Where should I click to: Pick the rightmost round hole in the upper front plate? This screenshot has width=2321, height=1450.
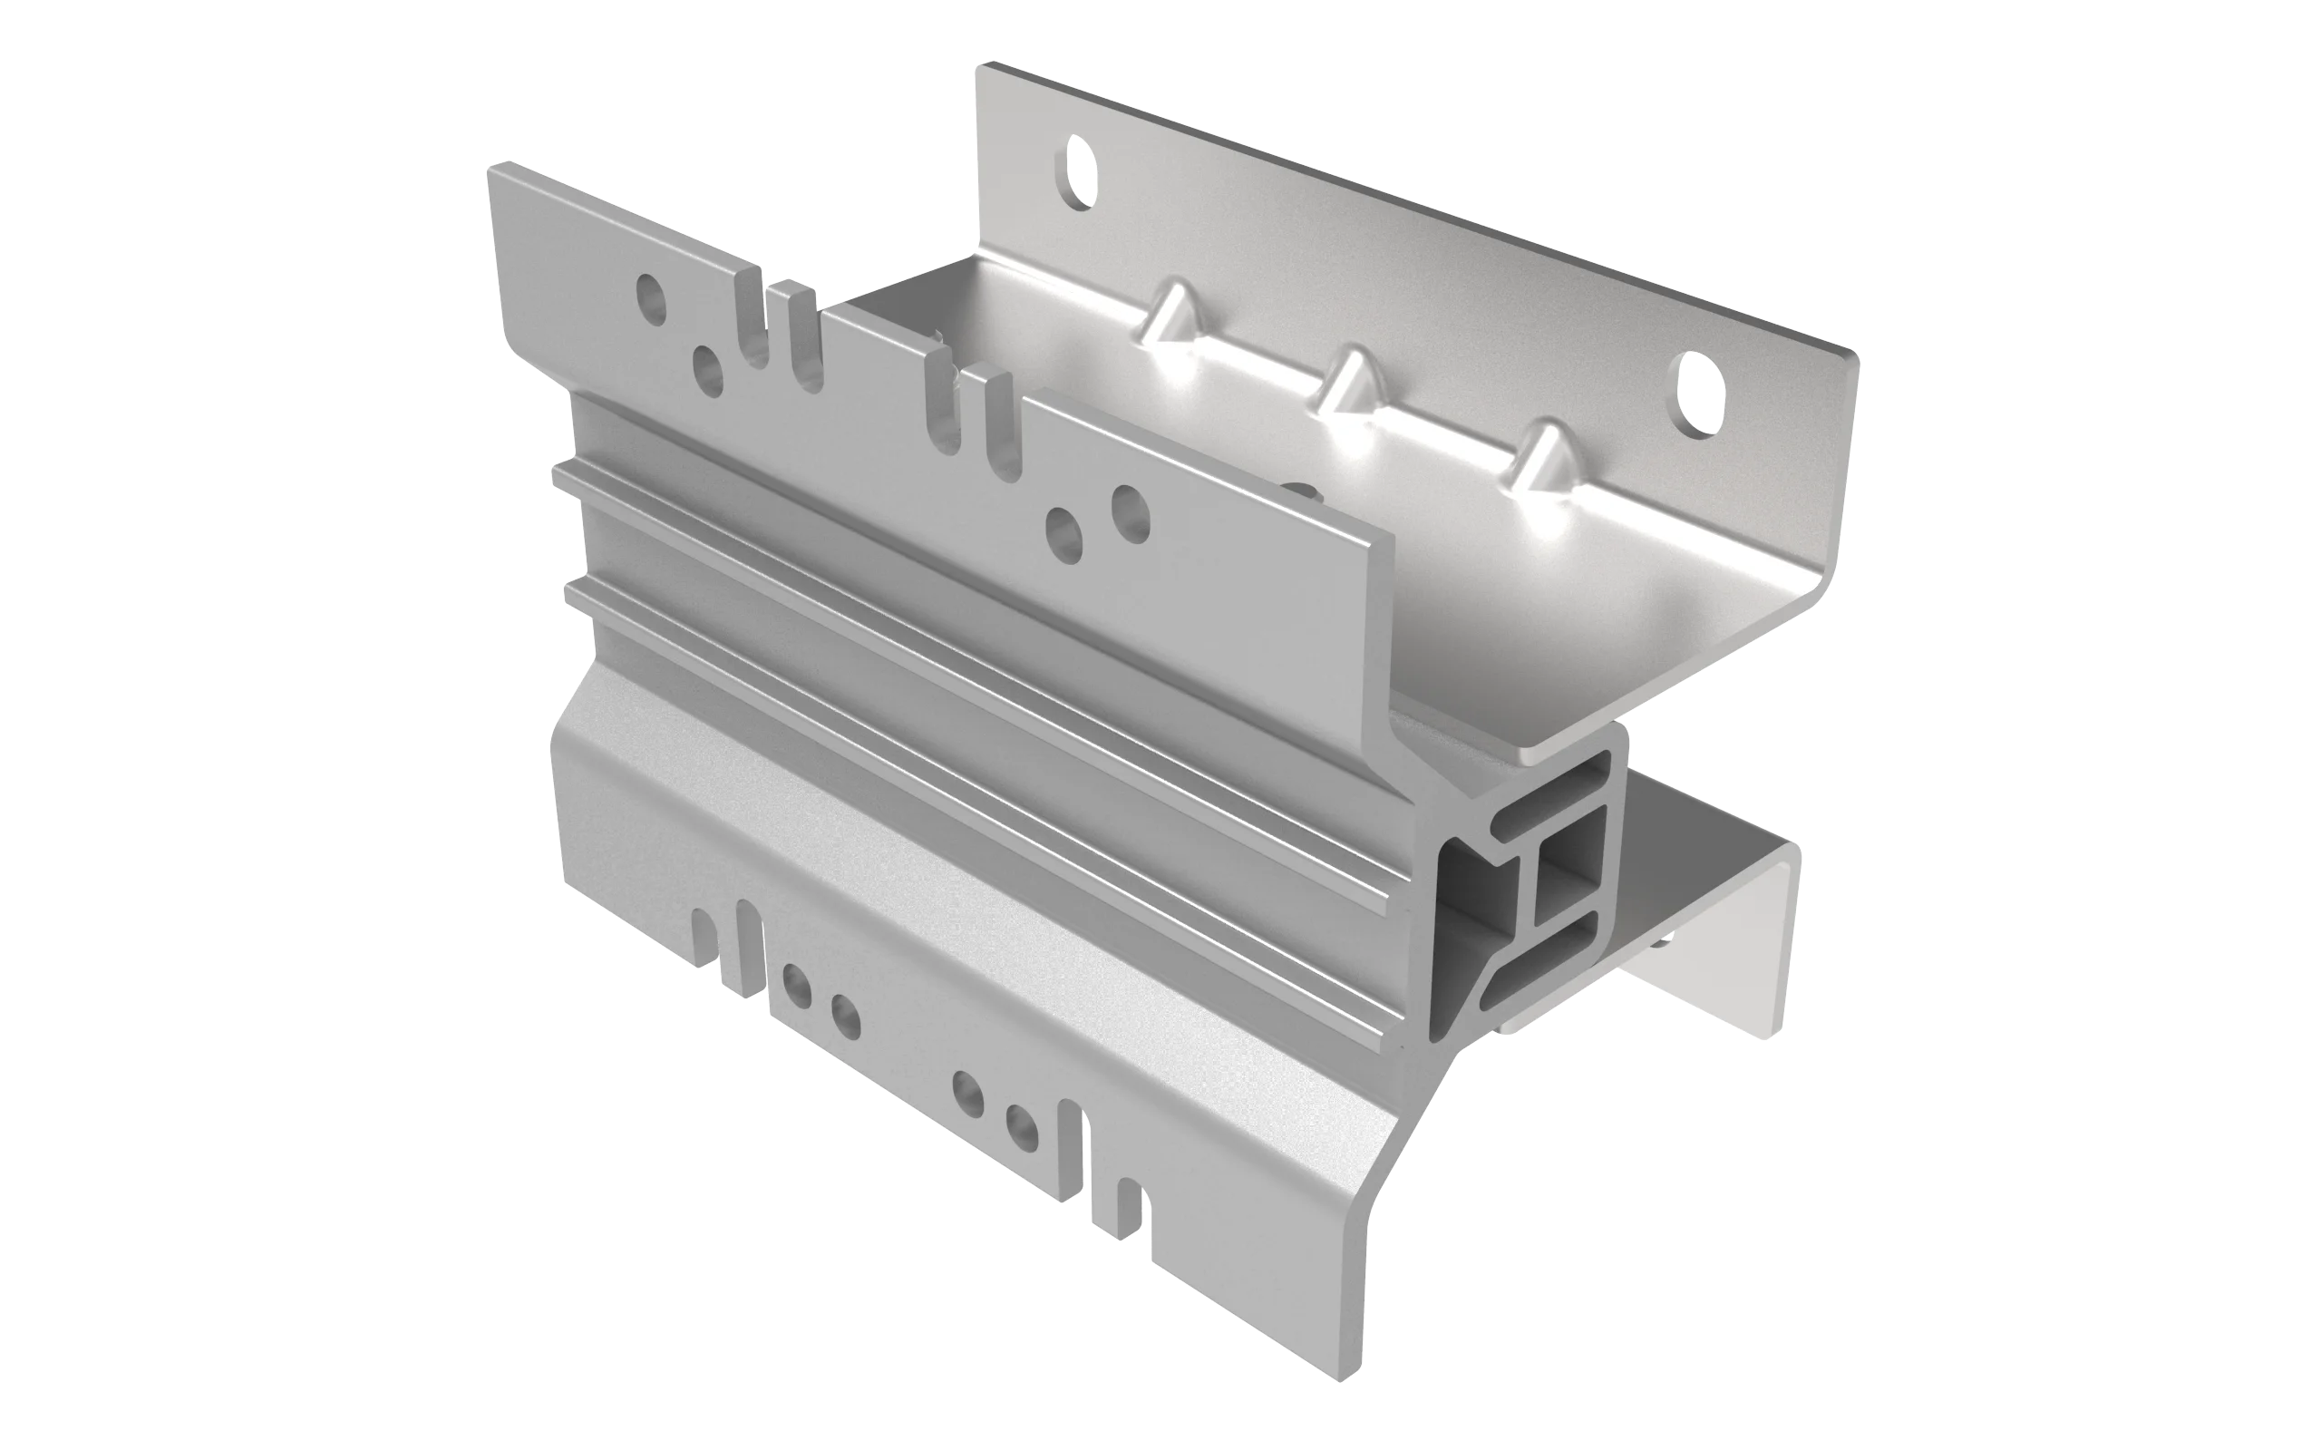[1130, 510]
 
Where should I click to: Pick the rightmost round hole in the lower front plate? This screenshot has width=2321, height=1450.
[1021, 1126]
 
